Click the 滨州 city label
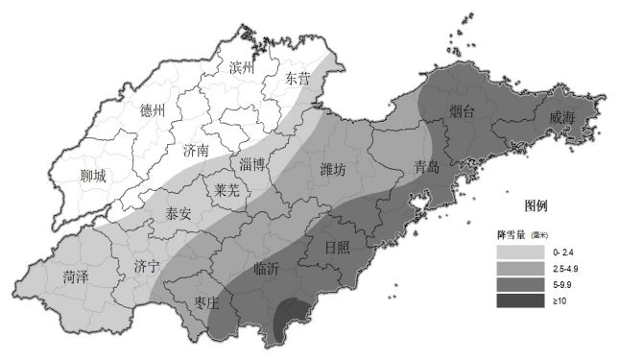245,68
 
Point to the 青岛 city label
427,166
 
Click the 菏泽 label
75,278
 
